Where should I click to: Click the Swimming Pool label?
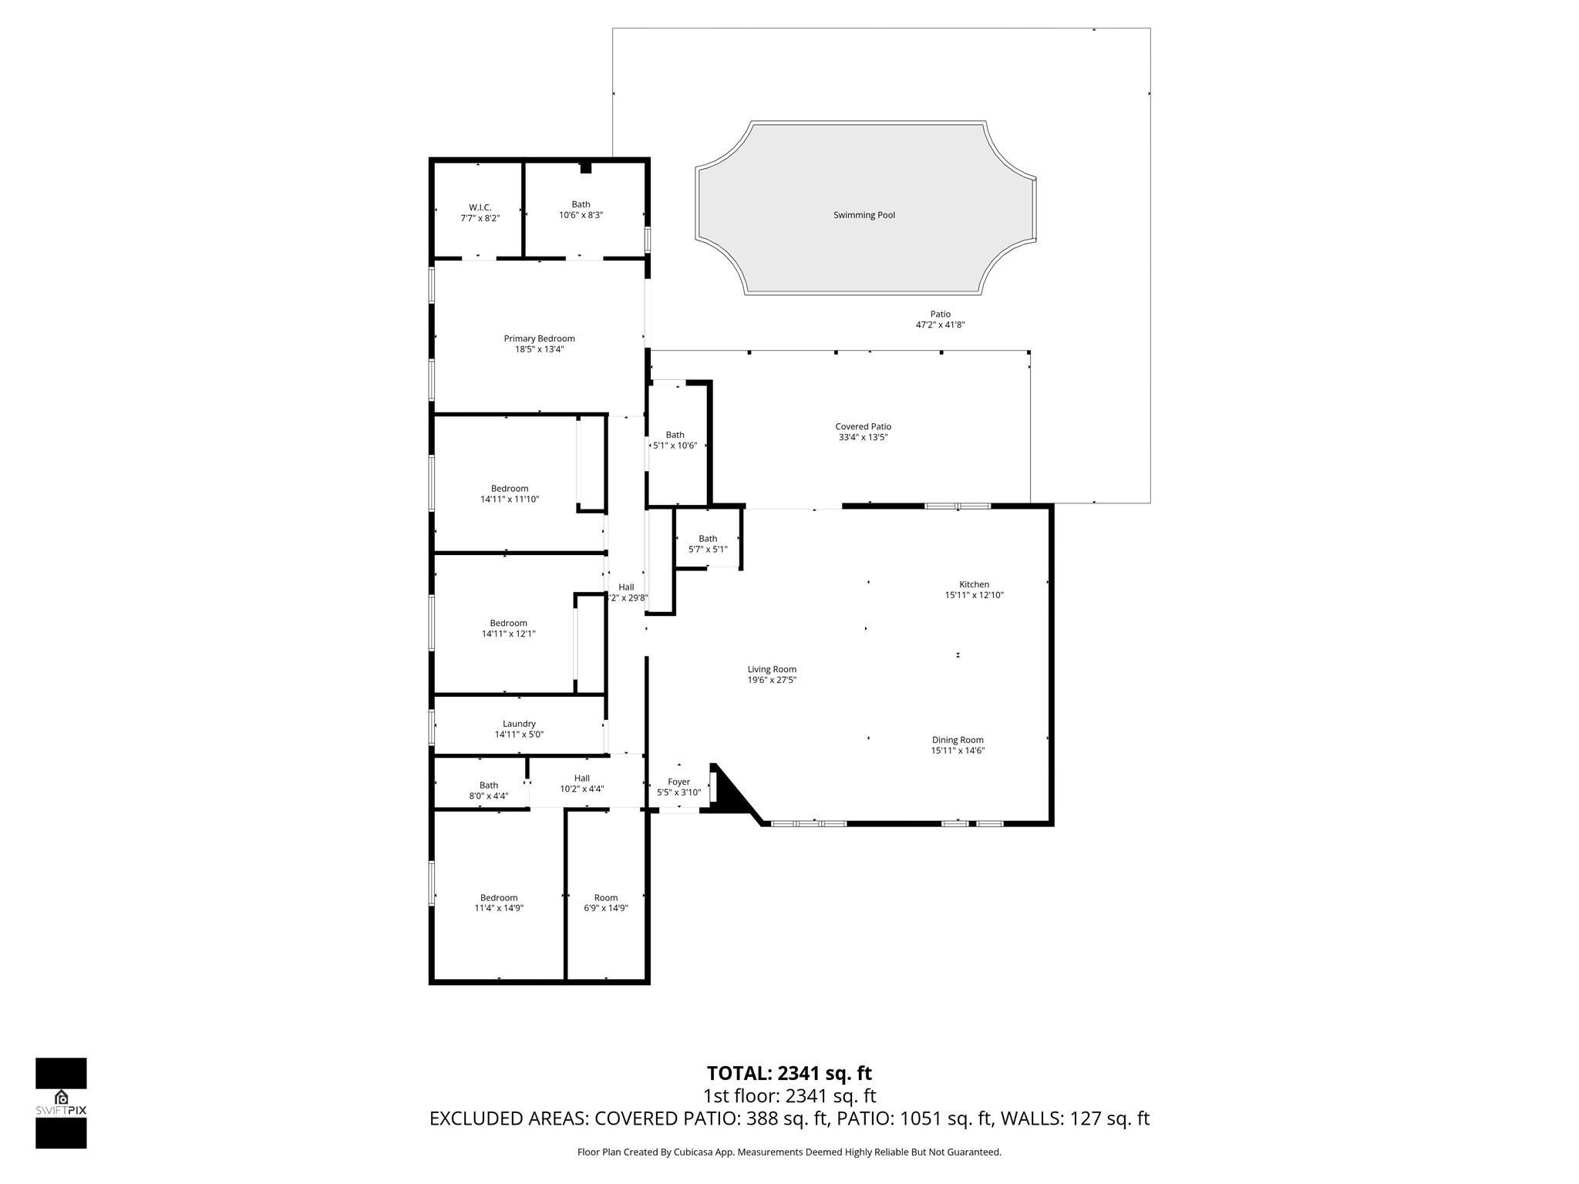864,215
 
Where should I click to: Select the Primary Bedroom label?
539,338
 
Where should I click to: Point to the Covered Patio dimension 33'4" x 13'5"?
863,437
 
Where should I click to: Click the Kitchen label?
974,584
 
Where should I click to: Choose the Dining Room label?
958,740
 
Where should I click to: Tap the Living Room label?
772,669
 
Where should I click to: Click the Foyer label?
678,782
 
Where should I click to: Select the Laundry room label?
519,724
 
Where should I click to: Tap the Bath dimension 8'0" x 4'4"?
489,796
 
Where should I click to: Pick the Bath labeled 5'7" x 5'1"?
708,544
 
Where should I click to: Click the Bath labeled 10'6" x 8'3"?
581,210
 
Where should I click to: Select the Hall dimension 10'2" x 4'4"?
582,789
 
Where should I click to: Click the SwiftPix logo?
61,1103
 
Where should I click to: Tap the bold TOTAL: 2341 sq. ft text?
789,1073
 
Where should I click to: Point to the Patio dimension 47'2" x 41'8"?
940,325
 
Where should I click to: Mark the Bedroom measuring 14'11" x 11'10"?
510,493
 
